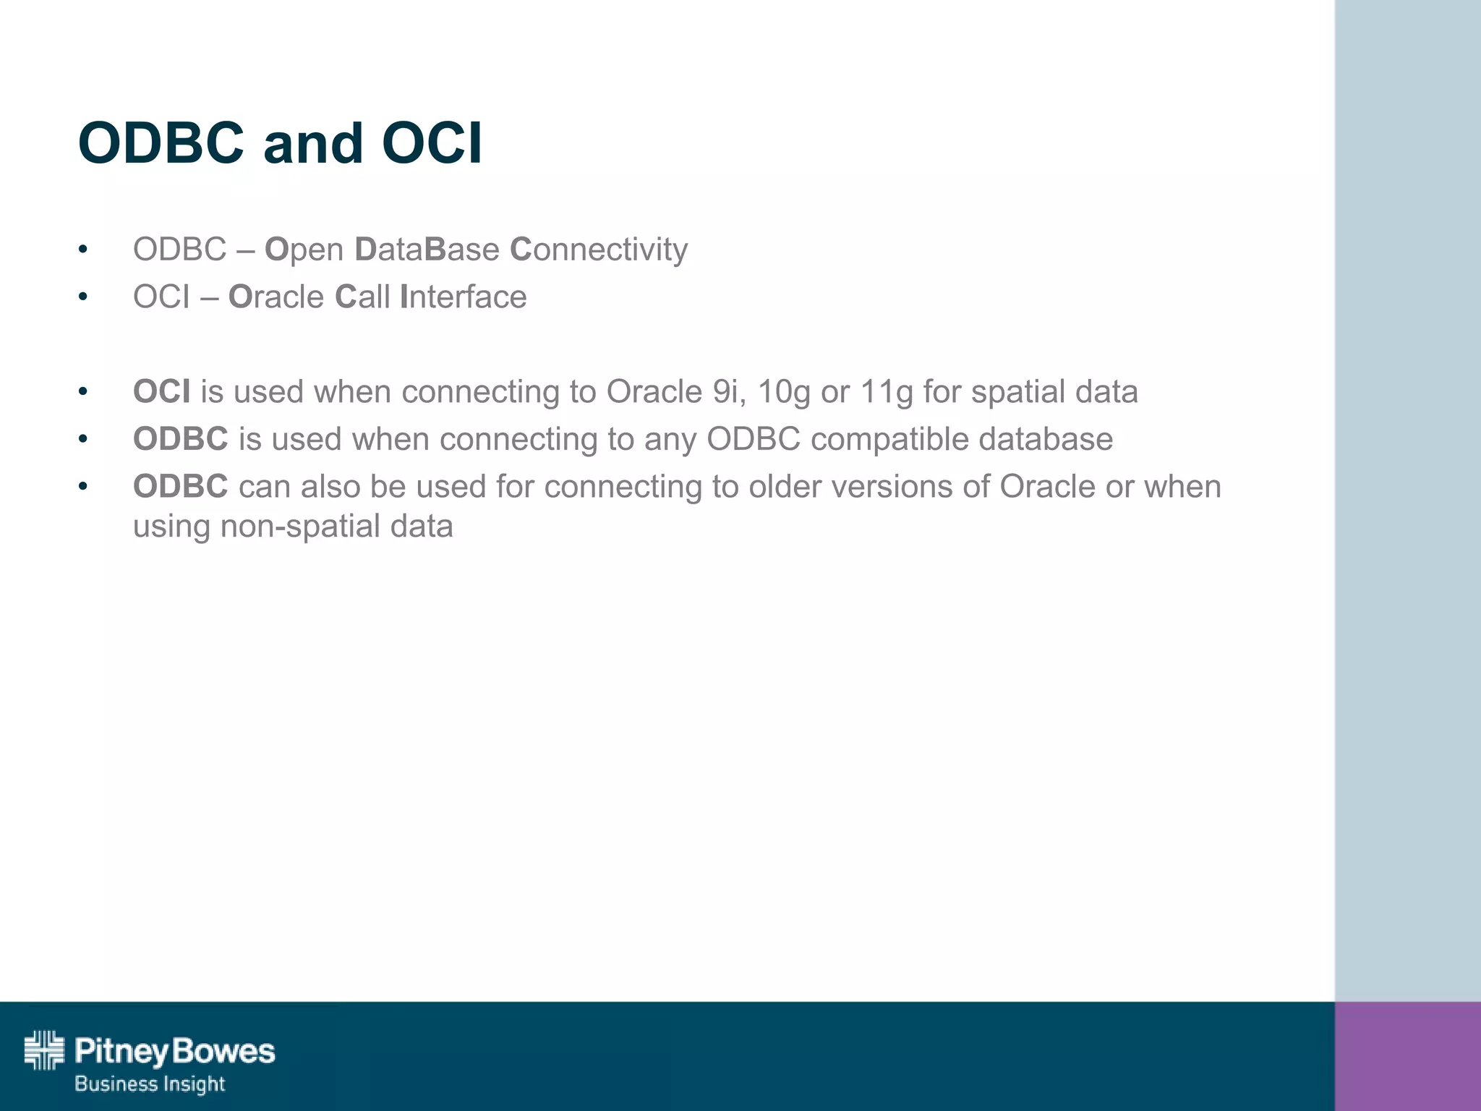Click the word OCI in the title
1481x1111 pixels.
(x=431, y=143)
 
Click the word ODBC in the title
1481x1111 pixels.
(x=161, y=143)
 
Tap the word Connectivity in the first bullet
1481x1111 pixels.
(x=599, y=250)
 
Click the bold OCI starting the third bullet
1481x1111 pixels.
(x=161, y=391)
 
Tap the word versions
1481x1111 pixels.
(x=891, y=487)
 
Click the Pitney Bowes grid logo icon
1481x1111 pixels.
(x=44, y=1050)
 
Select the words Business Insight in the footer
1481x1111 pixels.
(x=150, y=1084)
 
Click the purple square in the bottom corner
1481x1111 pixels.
(x=1407, y=1056)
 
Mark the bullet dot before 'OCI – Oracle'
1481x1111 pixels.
(x=83, y=297)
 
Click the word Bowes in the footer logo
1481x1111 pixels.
(x=224, y=1051)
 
